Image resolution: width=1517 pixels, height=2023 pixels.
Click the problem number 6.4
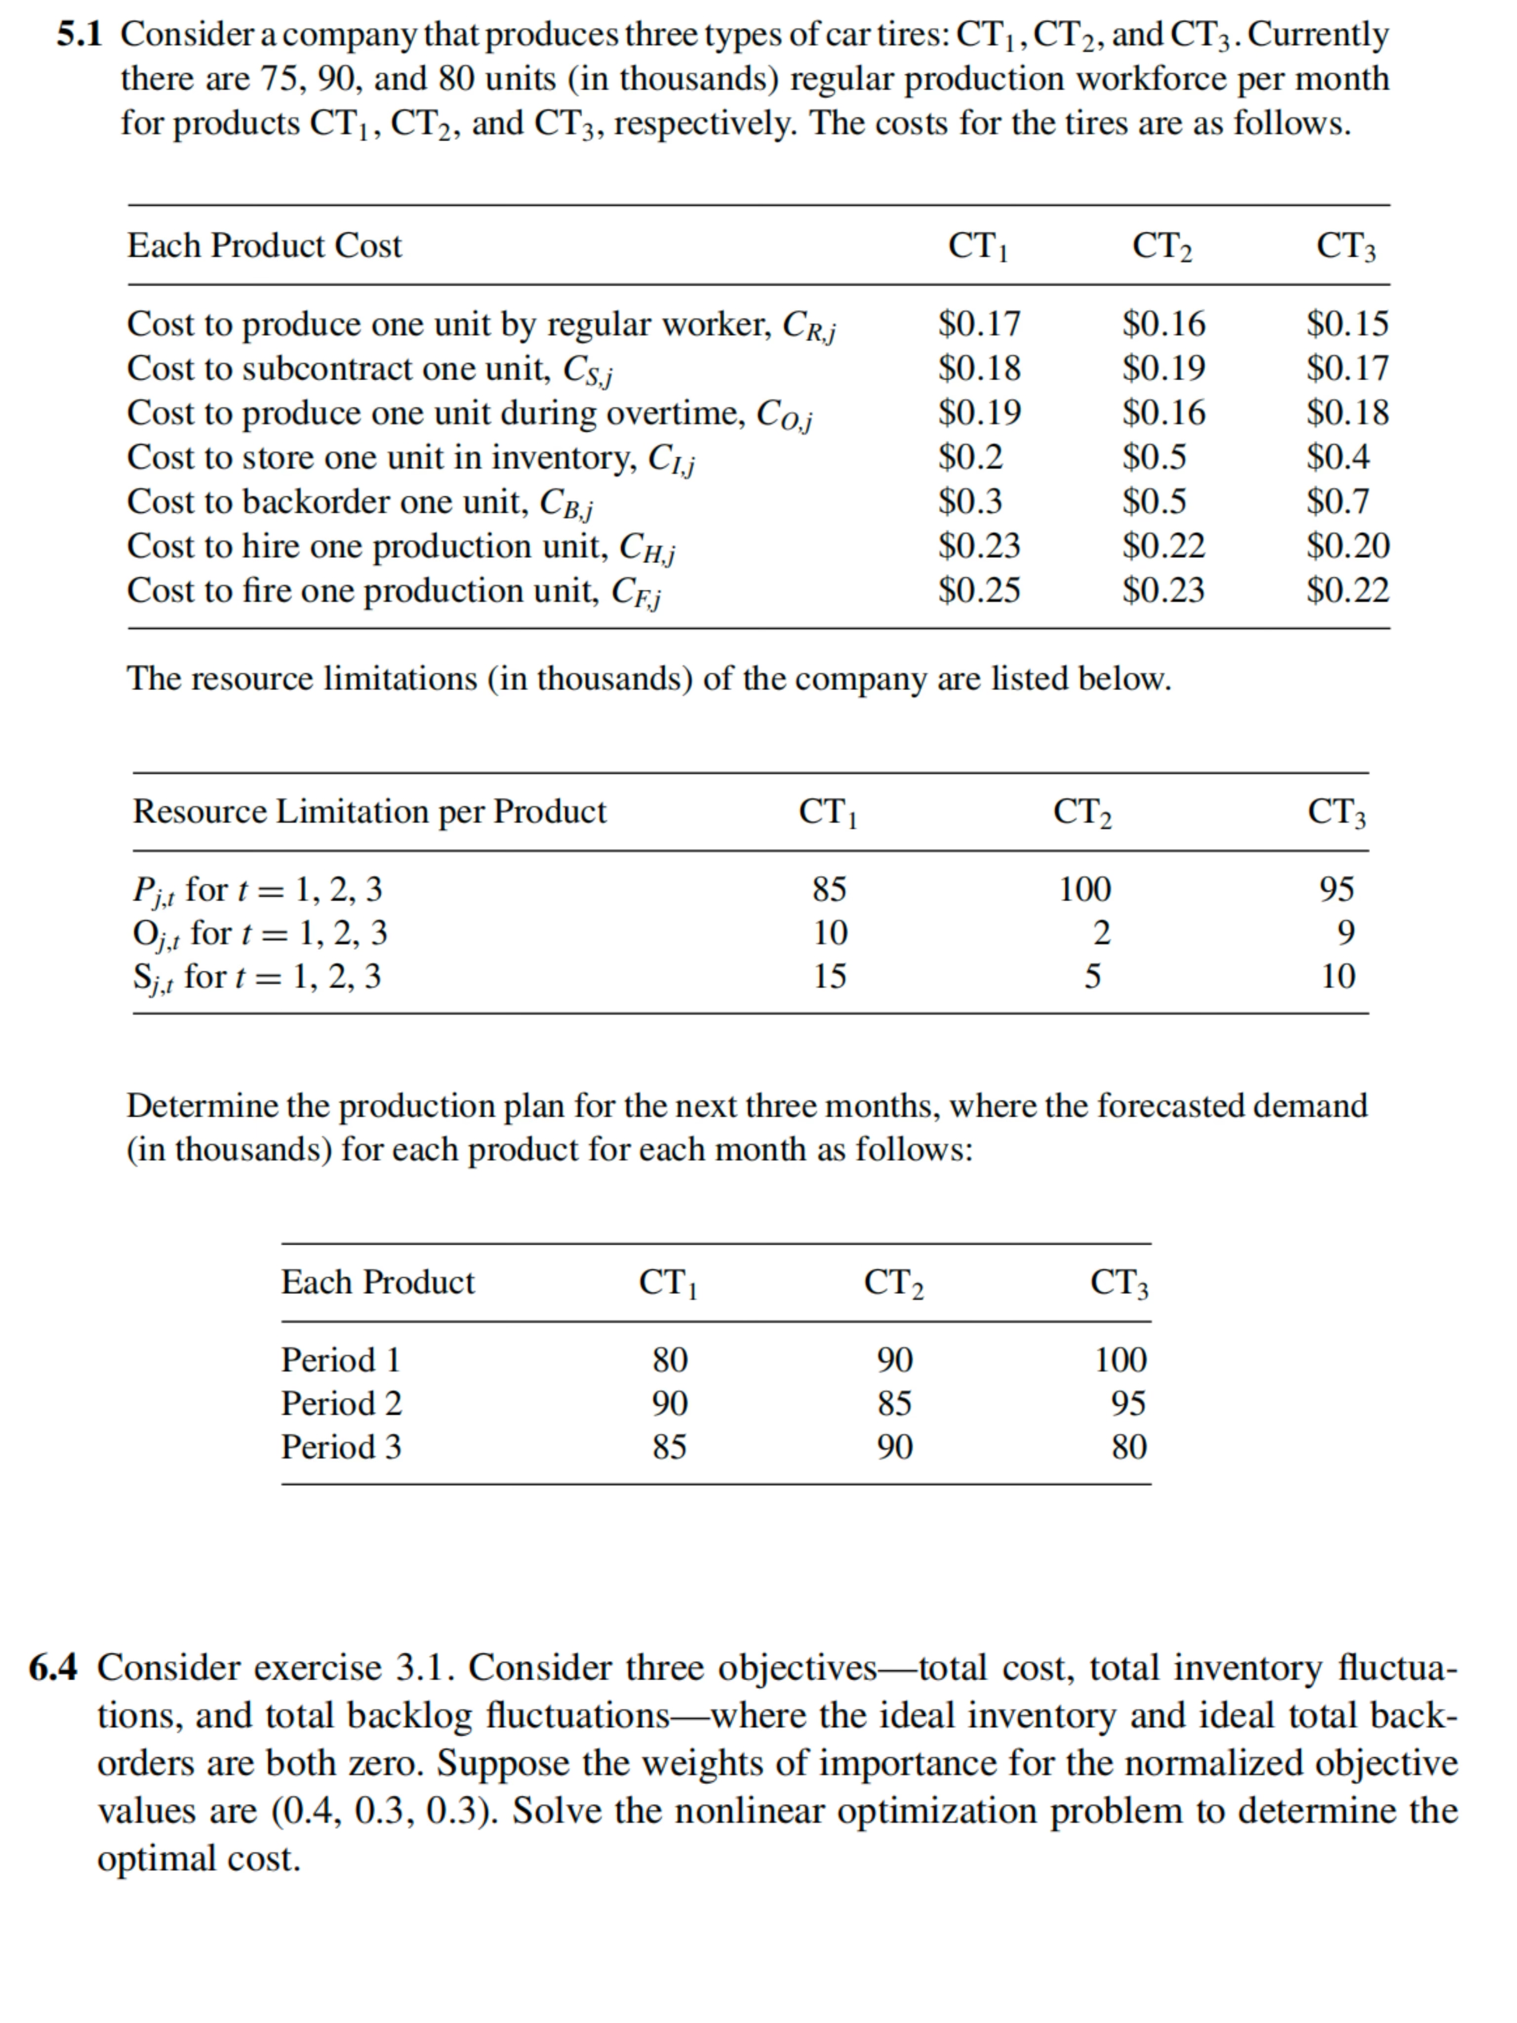tap(53, 1667)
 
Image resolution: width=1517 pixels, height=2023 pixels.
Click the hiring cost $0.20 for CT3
tap(1347, 546)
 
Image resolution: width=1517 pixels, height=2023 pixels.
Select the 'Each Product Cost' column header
tap(264, 246)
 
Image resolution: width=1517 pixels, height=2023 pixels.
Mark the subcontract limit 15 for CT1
tap(830, 977)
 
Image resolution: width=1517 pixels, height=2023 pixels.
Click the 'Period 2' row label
tap(341, 1403)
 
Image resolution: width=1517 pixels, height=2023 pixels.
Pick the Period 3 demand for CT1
tap(669, 1447)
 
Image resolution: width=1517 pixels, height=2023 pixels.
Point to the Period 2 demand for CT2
tap(894, 1403)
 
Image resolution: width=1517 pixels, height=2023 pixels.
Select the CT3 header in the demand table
tap(1119, 1283)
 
